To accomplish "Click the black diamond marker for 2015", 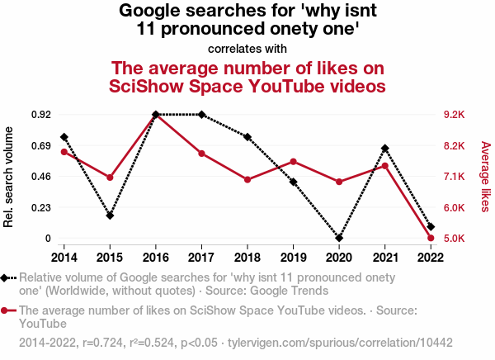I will click(x=110, y=216).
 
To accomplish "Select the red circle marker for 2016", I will click(x=156, y=115).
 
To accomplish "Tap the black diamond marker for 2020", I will click(x=339, y=238).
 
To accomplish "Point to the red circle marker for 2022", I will click(x=431, y=238).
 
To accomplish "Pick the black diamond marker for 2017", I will click(x=201, y=115).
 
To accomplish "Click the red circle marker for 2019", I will click(x=294, y=162).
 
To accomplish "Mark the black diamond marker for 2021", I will click(x=385, y=149).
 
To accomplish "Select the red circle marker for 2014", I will click(x=64, y=152).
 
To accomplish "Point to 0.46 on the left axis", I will click(x=41, y=177).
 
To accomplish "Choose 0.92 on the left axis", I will click(x=41, y=115).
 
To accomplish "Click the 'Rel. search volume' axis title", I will click(x=10, y=177).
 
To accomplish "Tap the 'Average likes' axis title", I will click(x=486, y=176).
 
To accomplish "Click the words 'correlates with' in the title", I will click(x=247, y=49).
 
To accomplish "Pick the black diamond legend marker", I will click(x=7, y=278).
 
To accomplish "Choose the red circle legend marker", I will click(x=7, y=311).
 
